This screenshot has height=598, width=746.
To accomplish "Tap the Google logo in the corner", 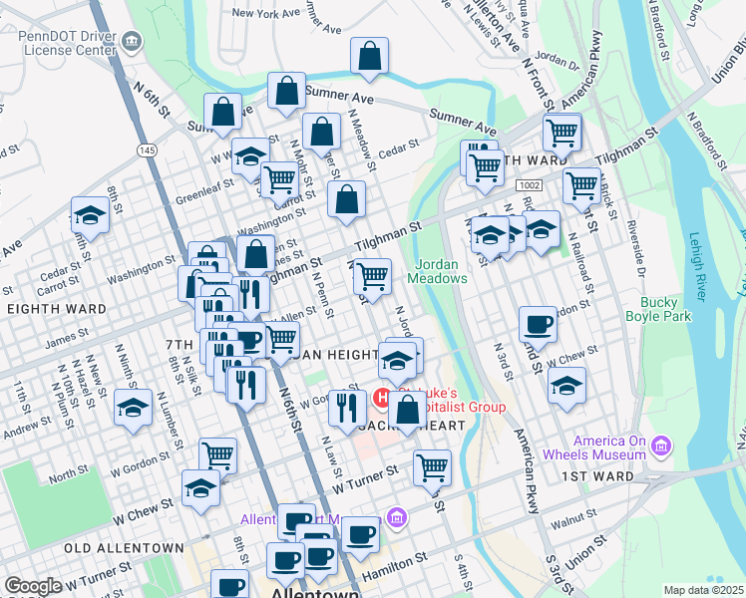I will (x=34, y=586).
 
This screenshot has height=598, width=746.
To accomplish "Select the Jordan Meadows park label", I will (x=441, y=270).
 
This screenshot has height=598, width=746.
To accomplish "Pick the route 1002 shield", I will (x=529, y=186).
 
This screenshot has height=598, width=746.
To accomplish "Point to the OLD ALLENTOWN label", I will (x=124, y=548).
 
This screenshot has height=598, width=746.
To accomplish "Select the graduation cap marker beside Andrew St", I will (x=133, y=408).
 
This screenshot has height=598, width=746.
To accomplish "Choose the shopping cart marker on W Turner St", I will (x=431, y=466).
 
